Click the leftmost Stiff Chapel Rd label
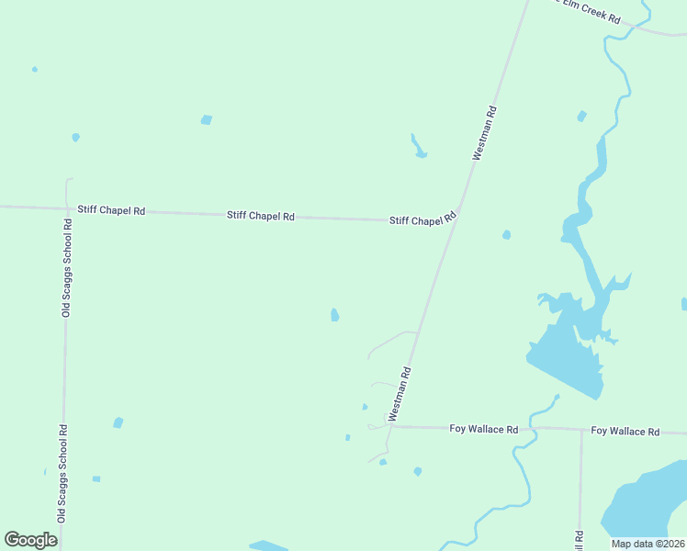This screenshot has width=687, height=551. point(111,210)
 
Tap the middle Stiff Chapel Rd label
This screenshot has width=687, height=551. point(260,216)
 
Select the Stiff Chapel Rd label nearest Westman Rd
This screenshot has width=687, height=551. point(422,220)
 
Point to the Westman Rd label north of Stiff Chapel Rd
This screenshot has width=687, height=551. point(485,134)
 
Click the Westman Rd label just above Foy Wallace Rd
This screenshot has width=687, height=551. point(400,394)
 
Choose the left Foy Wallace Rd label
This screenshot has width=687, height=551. point(483,429)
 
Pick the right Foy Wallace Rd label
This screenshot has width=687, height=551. point(625,431)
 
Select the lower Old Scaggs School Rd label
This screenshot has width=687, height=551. point(62,473)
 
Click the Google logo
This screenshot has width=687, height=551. point(30,539)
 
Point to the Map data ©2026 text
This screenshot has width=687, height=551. point(648,544)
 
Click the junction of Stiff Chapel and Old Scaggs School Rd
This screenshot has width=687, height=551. point(67,208)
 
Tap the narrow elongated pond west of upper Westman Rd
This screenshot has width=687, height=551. point(418,146)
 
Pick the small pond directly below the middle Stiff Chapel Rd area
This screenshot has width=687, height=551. point(335,315)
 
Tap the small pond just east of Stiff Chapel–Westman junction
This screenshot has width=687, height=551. point(506,235)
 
